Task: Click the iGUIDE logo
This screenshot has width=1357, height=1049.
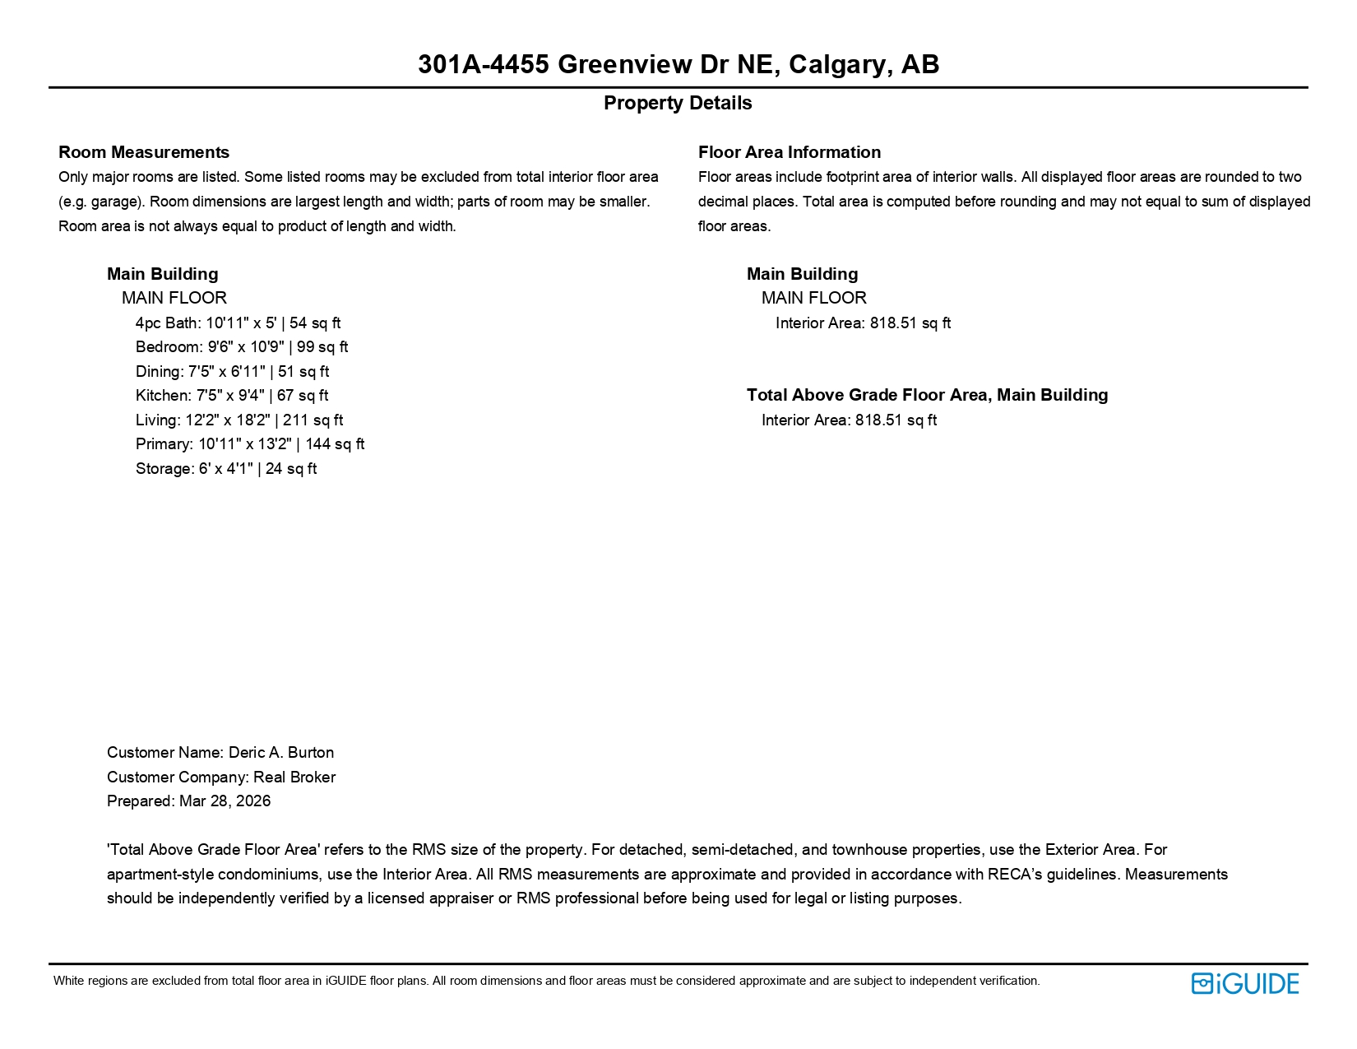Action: point(1244,983)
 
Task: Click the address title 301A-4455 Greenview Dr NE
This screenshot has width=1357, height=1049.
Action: point(678,64)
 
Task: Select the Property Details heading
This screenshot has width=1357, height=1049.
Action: point(678,103)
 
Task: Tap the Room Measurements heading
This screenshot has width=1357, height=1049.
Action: point(144,152)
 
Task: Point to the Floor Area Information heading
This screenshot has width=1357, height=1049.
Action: point(789,152)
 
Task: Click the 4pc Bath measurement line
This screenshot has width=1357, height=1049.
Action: point(238,323)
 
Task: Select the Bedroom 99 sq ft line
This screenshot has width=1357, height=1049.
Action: point(241,347)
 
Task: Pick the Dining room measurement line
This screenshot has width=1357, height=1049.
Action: point(232,372)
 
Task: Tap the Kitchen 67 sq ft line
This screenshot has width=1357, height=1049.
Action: point(231,396)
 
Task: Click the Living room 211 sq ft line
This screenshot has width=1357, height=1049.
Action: point(239,420)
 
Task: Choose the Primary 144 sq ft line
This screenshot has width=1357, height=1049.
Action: point(249,444)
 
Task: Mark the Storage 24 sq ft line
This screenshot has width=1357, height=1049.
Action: point(225,469)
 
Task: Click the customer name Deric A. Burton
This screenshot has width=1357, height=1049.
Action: point(280,753)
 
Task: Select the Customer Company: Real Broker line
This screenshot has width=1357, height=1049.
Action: point(220,777)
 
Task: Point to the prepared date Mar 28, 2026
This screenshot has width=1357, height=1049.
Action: point(225,801)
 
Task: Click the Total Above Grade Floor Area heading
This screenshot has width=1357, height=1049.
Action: point(927,395)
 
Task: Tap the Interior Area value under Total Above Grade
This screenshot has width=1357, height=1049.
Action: point(849,420)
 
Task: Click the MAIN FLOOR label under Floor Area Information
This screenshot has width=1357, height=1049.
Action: point(813,298)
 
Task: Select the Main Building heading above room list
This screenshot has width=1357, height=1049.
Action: point(162,274)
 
